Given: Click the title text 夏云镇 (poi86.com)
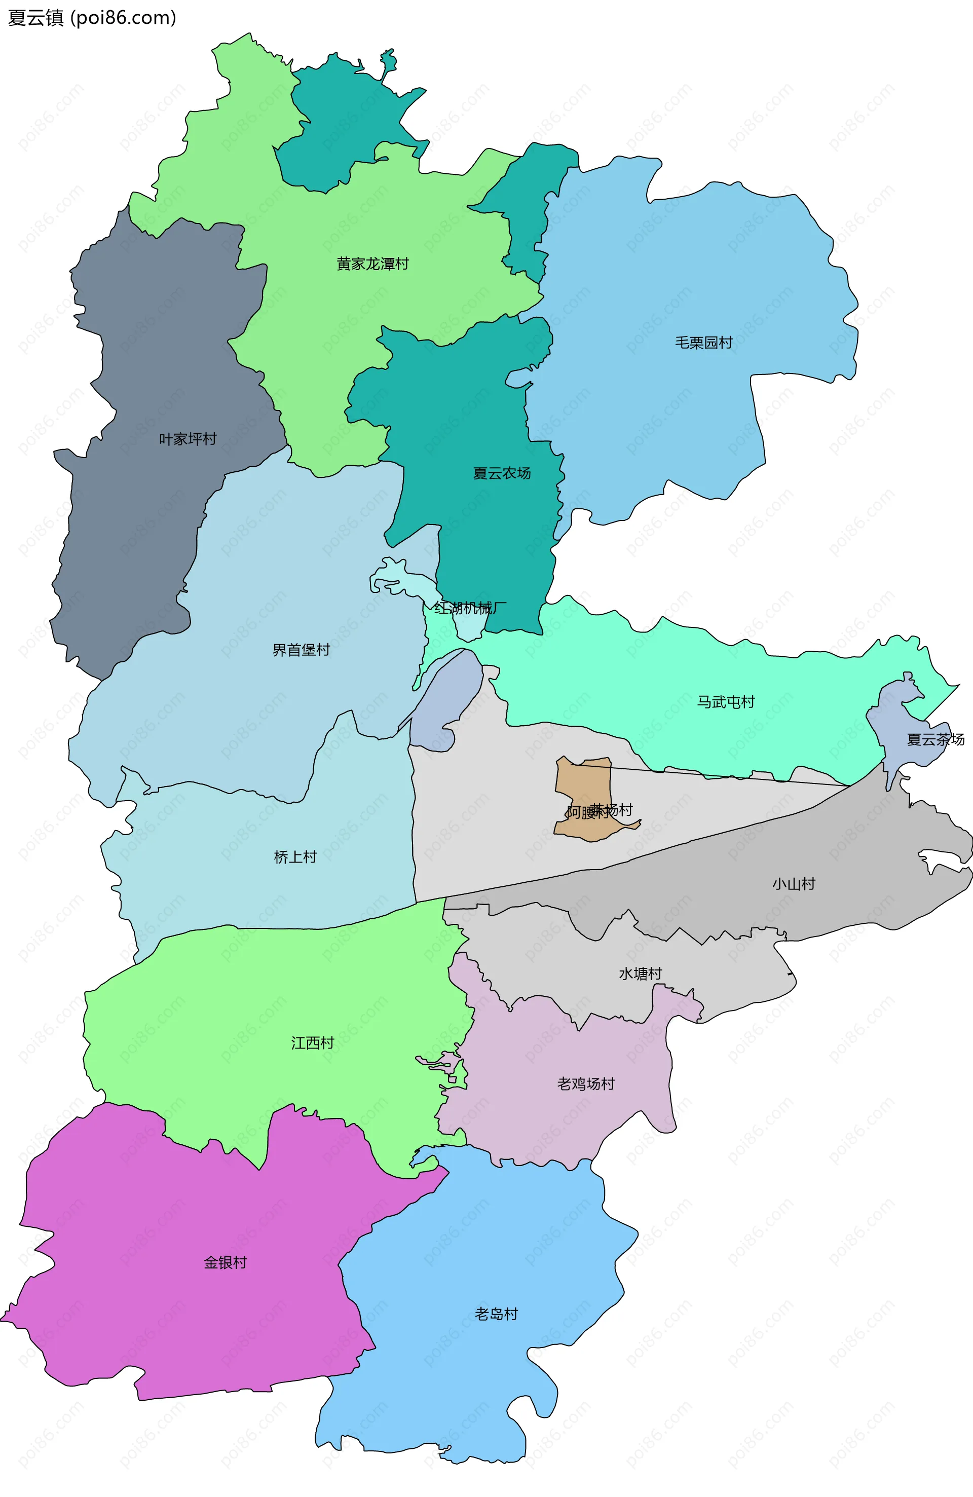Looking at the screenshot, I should (92, 18).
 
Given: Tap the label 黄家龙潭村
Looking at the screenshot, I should (372, 264).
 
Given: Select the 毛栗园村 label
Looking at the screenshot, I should (704, 343).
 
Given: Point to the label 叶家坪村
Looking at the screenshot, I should (188, 439).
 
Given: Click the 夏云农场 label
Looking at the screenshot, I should (502, 473).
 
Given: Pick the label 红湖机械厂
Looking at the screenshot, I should (470, 608).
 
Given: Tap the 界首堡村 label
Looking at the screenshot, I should (301, 650).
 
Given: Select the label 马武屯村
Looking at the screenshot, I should (725, 702).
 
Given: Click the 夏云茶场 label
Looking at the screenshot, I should (935, 740).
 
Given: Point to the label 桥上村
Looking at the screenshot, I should (295, 856).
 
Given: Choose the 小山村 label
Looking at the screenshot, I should (794, 884).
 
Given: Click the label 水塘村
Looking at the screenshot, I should (640, 974).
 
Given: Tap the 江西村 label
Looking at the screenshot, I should (312, 1043).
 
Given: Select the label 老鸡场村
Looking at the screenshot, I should (585, 1084).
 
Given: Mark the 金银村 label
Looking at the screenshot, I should (225, 1262).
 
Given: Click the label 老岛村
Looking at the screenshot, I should (496, 1314).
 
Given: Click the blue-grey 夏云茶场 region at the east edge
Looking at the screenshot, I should (900, 723).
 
